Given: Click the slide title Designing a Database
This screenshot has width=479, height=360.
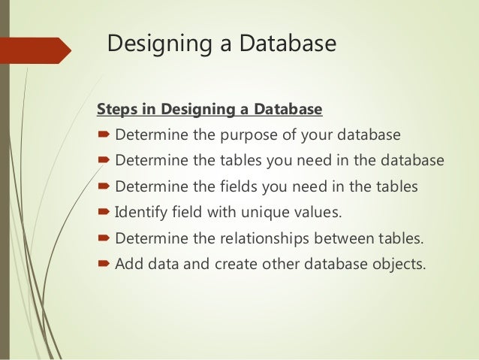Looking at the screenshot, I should coord(221,45).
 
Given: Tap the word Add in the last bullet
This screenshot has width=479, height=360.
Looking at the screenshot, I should coord(128,265).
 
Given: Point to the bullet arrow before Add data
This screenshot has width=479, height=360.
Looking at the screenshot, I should coord(104,265).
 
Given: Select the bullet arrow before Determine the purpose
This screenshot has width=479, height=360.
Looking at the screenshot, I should coord(104,137).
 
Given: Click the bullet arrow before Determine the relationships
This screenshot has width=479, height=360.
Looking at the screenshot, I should coord(104,240).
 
